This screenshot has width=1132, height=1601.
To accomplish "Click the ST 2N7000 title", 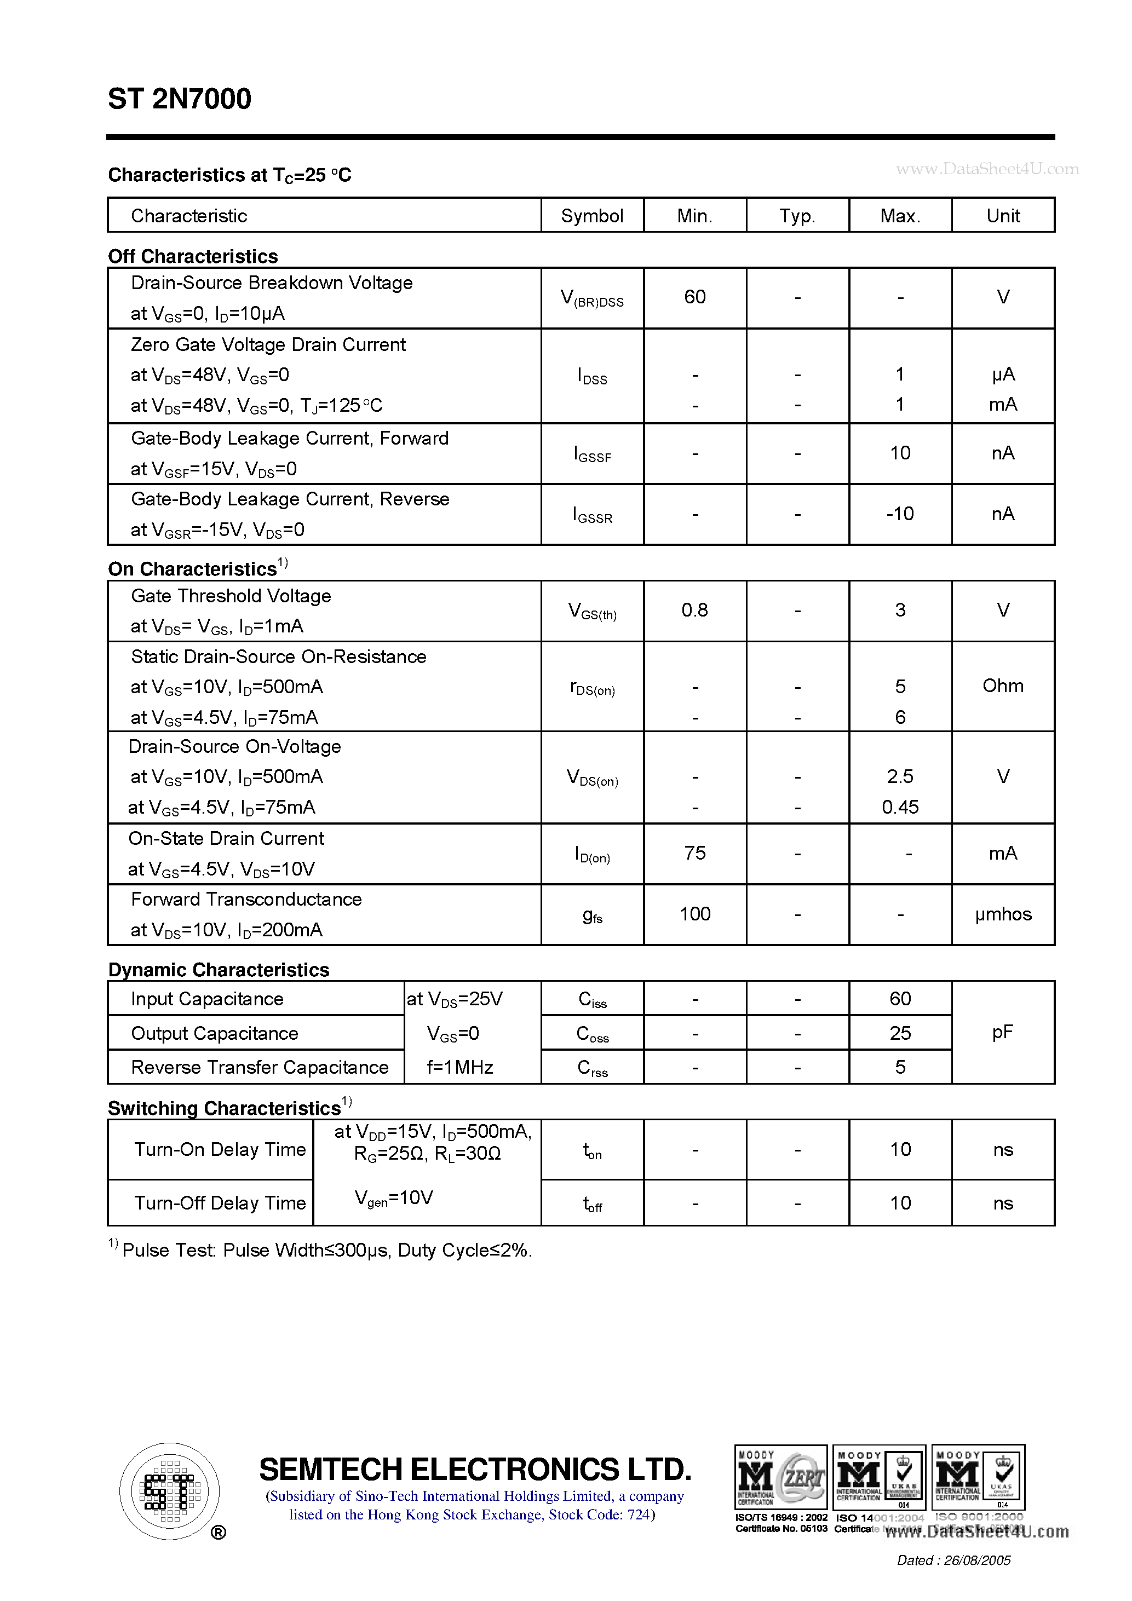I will click(x=179, y=99).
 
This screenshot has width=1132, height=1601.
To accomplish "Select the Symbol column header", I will click(x=591, y=216).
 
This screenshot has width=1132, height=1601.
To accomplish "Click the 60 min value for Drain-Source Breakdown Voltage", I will click(x=694, y=297).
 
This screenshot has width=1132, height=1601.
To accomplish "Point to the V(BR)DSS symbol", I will click(x=591, y=298).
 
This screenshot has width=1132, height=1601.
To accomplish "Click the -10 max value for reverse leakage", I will click(x=899, y=514).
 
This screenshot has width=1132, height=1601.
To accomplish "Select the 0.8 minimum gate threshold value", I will click(x=694, y=610).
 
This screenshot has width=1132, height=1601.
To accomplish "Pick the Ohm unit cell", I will click(x=1002, y=686).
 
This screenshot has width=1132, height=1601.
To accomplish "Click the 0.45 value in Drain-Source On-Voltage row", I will click(x=900, y=808).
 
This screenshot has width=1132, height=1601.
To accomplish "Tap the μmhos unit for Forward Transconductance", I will click(x=1002, y=914).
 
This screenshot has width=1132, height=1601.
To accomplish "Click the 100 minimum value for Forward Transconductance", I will click(x=694, y=914).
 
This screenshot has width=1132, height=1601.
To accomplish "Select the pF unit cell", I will click(x=1002, y=1032).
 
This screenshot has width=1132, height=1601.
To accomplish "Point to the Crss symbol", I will click(x=592, y=1068).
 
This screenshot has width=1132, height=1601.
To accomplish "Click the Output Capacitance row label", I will click(x=214, y=1033).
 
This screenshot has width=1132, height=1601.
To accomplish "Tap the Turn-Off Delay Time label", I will click(x=220, y=1203).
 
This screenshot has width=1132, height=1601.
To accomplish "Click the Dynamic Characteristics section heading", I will click(x=219, y=970).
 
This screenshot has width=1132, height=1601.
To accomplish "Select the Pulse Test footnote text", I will click(x=326, y=1250).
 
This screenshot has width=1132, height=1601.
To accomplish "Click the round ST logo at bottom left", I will click(x=169, y=1491).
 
